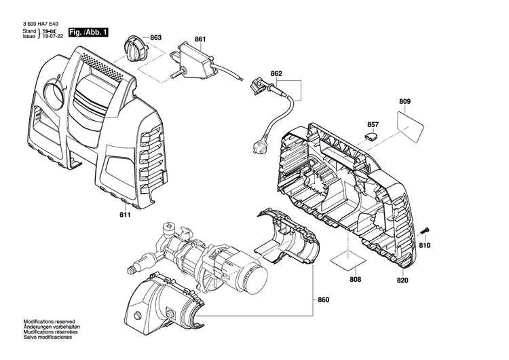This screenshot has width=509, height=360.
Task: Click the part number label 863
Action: coord(155,37)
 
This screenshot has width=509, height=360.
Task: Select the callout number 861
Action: coord(200,39)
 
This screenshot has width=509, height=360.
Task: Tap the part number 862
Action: coord(276,73)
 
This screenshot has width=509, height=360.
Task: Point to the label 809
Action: coord(405,102)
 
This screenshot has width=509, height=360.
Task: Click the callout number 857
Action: coord(373,124)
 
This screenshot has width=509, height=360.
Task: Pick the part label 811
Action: coord(124,216)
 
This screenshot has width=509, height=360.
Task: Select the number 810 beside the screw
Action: coord(425,245)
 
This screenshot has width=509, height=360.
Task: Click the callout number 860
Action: coord(323,299)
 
